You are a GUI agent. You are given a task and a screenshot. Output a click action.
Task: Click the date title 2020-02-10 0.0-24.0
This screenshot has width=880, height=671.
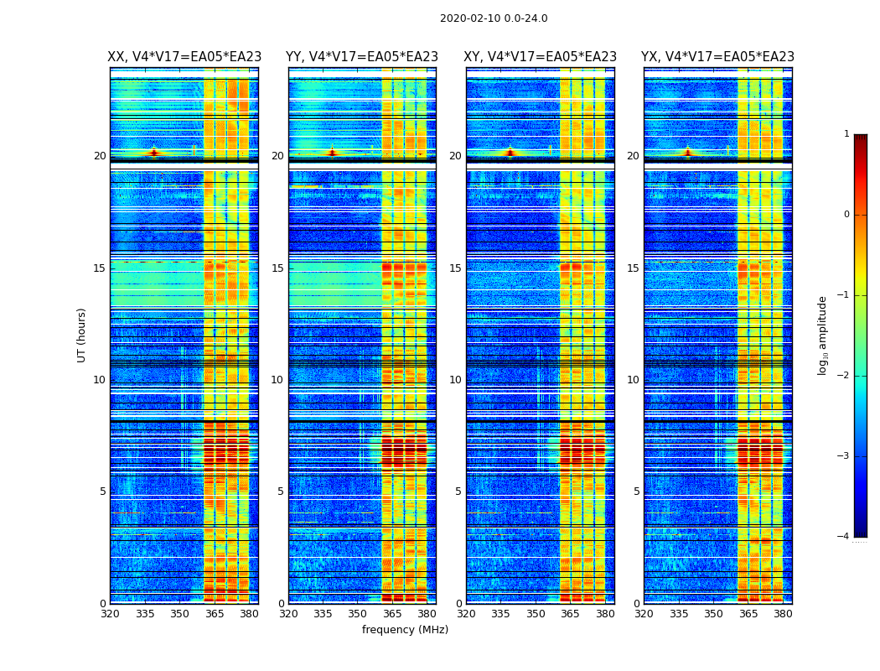(x=494, y=18)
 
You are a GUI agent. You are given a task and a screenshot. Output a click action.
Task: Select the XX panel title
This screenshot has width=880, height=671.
(x=184, y=57)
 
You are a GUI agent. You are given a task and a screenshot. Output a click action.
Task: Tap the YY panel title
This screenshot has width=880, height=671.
(x=362, y=57)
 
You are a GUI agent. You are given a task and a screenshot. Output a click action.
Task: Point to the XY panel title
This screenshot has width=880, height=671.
(x=541, y=57)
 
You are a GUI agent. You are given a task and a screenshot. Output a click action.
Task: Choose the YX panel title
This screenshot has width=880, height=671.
(x=717, y=57)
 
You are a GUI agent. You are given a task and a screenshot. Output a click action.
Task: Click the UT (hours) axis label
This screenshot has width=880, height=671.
(x=82, y=335)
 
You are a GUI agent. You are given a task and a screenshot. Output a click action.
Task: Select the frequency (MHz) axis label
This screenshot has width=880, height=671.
(x=405, y=630)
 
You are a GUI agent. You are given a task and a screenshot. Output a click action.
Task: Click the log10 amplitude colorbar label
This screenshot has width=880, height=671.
(x=823, y=335)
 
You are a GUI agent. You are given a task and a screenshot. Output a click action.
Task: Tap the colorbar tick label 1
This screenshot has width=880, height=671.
(x=846, y=134)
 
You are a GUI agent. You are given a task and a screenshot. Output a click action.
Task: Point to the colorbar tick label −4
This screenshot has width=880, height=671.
(x=845, y=537)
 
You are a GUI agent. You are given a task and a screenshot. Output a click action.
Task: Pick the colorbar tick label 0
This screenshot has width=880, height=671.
(x=846, y=215)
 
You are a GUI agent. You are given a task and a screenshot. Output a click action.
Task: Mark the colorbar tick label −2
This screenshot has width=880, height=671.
(x=845, y=376)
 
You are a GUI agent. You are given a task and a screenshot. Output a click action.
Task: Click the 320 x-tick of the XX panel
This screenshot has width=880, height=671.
(x=110, y=614)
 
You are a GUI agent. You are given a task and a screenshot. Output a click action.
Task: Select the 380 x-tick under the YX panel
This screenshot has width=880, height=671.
(x=783, y=614)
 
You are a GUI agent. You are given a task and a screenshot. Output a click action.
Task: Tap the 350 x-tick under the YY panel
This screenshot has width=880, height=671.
(x=358, y=614)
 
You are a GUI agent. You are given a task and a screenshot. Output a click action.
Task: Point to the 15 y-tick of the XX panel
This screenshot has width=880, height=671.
(x=100, y=268)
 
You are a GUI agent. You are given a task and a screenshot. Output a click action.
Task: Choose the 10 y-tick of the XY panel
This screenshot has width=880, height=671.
(x=458, y=380)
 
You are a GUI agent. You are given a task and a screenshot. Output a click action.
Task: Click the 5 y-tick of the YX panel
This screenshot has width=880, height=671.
(x=636, y=492)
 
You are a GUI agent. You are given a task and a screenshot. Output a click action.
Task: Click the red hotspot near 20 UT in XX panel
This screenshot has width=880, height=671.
(x=153, y=153)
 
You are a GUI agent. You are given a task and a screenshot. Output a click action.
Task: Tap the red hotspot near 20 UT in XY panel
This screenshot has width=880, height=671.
(x=510, y=153)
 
